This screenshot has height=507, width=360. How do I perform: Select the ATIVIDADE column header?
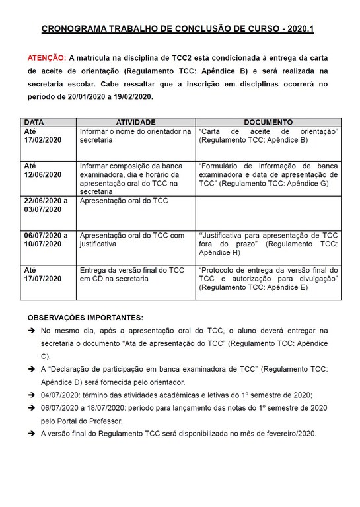click(x=135, y=123)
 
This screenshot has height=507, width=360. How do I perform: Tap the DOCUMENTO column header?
click(x=268, y=123)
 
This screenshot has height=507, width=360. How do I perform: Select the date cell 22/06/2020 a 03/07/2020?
click(x=46, y=205)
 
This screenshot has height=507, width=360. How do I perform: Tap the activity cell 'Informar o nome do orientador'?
click(x=135, y=137)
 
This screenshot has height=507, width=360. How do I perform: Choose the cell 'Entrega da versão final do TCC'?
click(x=132, y=275)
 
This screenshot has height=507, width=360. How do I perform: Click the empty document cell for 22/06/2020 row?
click(x=268, y=211)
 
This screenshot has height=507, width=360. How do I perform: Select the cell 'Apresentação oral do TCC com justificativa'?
click(x=132, y=240)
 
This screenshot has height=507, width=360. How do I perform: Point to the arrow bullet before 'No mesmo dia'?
click(x=31, y=330)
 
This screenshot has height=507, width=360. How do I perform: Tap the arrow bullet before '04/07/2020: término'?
click(x=31, y=395)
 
